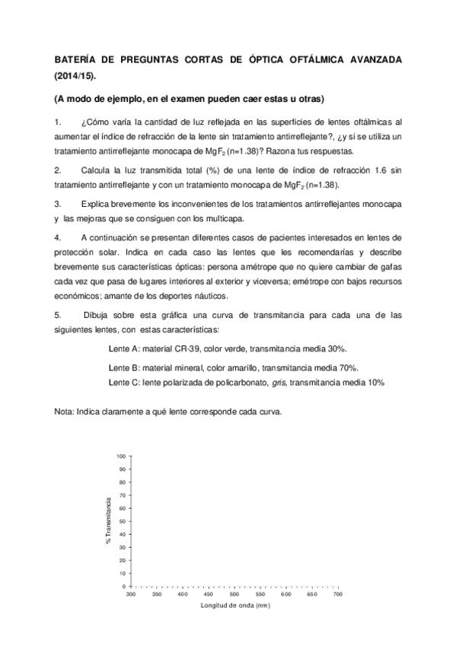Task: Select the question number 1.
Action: [57, 122]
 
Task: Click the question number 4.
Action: [57, 238]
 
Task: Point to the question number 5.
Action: [57, 313]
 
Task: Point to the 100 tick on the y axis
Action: [120, 456]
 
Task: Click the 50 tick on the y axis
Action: [122, 521]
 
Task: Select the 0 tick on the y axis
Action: [124, 586]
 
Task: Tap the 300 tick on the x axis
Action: [131, 594]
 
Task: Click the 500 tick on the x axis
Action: [234, 594]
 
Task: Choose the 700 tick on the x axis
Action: [338, 594]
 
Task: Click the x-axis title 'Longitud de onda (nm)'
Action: [235, 606]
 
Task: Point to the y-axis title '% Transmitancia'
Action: [109, 520]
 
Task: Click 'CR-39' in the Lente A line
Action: [187, 348]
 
